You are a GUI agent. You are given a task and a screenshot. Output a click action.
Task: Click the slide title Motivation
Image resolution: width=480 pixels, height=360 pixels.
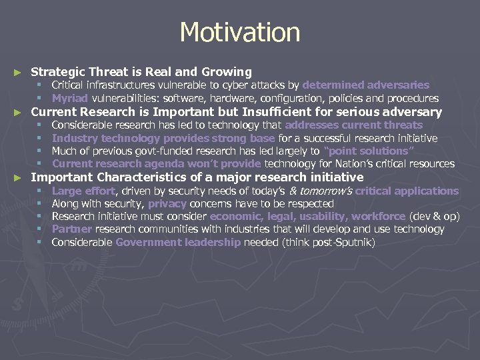coord(240,32)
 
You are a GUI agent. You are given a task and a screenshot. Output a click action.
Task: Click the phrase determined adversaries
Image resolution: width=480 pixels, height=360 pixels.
coord(365,85)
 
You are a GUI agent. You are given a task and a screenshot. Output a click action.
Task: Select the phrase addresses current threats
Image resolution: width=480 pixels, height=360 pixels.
coord(353,125)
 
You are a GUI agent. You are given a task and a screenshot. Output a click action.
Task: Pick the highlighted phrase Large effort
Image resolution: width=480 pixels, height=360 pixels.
coord(83,191)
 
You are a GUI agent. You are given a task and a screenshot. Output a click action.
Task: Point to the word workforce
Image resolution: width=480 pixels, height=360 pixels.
coord(379,217)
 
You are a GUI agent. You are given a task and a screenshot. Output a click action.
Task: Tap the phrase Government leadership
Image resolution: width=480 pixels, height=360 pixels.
coord(178,243)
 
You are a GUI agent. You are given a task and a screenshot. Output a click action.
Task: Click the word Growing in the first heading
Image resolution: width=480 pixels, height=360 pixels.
coord(225,71)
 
